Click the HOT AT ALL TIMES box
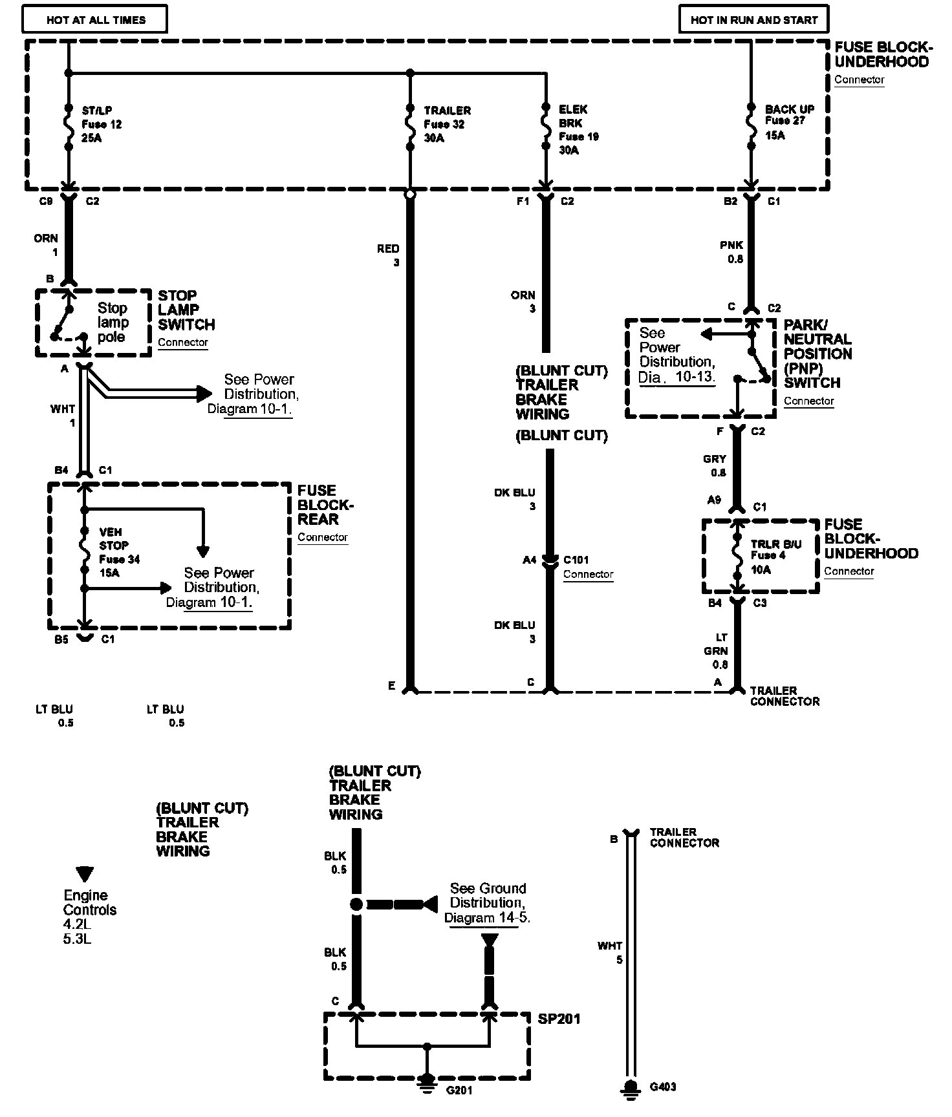tap(95, 19)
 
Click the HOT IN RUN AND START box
tap(753, 19)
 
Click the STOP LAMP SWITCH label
tap(186, 310)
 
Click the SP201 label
tap(559, 1019)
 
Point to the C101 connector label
tap(576, 560)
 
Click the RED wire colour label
tap(388, 249)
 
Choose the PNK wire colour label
tap(731, 246)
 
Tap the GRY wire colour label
tap(715, 459)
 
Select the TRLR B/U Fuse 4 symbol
tap(737, 556)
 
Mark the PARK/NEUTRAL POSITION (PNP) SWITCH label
tap(817, 354)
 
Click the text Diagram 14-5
tap(487, 918)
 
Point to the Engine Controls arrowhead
tap(84, 874)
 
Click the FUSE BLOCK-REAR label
tap(325, 505)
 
